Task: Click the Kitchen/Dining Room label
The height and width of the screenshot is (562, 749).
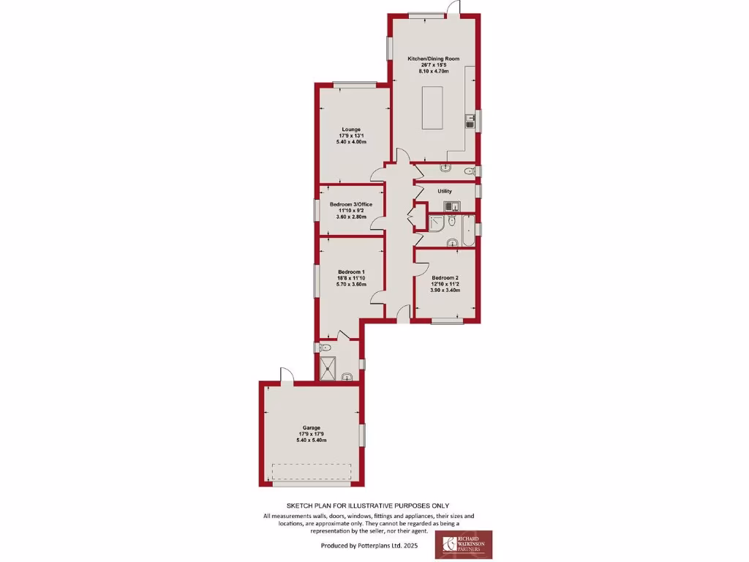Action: point(434,58)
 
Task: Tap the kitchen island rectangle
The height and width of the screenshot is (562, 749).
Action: point(432,108)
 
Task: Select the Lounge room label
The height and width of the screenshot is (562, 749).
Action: point(350,130)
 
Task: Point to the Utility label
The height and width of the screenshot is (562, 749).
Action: point(445,191)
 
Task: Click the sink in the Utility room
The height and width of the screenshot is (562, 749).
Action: point(453,206)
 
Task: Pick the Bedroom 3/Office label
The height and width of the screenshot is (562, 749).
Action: point(351,204)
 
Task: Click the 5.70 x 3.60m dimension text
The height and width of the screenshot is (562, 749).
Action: point(351,284)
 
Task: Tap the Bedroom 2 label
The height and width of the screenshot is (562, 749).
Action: point(445,277)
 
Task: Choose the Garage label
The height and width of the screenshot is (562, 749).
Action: point(312,427)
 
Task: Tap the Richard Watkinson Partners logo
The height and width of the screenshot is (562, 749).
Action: point(464,544)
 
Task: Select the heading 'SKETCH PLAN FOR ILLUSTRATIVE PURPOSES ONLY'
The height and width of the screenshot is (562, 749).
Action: point(367,506)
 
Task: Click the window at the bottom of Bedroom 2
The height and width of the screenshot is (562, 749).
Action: point(446,321)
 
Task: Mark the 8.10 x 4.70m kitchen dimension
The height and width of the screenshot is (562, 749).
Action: point(434,71)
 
